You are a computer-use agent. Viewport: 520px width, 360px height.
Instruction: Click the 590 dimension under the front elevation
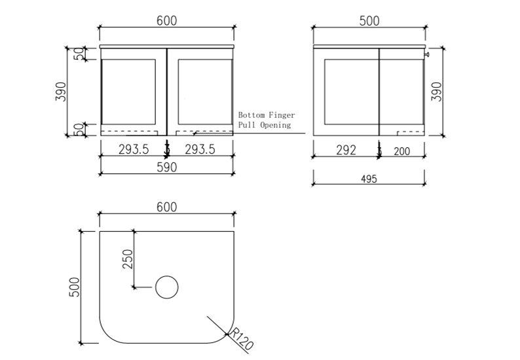click(x=166, y=167)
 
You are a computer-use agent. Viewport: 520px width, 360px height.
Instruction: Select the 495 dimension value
click(x=369, y=179)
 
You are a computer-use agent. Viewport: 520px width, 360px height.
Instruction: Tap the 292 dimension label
click(x=346, y=151)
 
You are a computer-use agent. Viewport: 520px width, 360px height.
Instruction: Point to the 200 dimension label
click(x=401, y=151)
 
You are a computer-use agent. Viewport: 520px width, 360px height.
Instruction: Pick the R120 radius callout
click(x=242, y=342)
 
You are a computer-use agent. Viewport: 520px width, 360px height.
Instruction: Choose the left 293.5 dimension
click(x=134, y=150)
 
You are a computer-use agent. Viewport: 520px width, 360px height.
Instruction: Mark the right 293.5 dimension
click(x=200, y=150)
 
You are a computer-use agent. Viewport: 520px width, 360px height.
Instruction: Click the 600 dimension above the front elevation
click(x=166, y=20)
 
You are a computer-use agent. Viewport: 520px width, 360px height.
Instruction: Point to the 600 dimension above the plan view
click(x=166, y=207)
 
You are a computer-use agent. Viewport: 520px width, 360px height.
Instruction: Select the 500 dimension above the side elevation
click(x=369, y=20)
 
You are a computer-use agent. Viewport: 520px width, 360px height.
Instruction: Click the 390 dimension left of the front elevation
click(x=60, y=91)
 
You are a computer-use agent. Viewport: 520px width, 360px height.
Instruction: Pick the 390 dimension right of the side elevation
click(x=437, y=91)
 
